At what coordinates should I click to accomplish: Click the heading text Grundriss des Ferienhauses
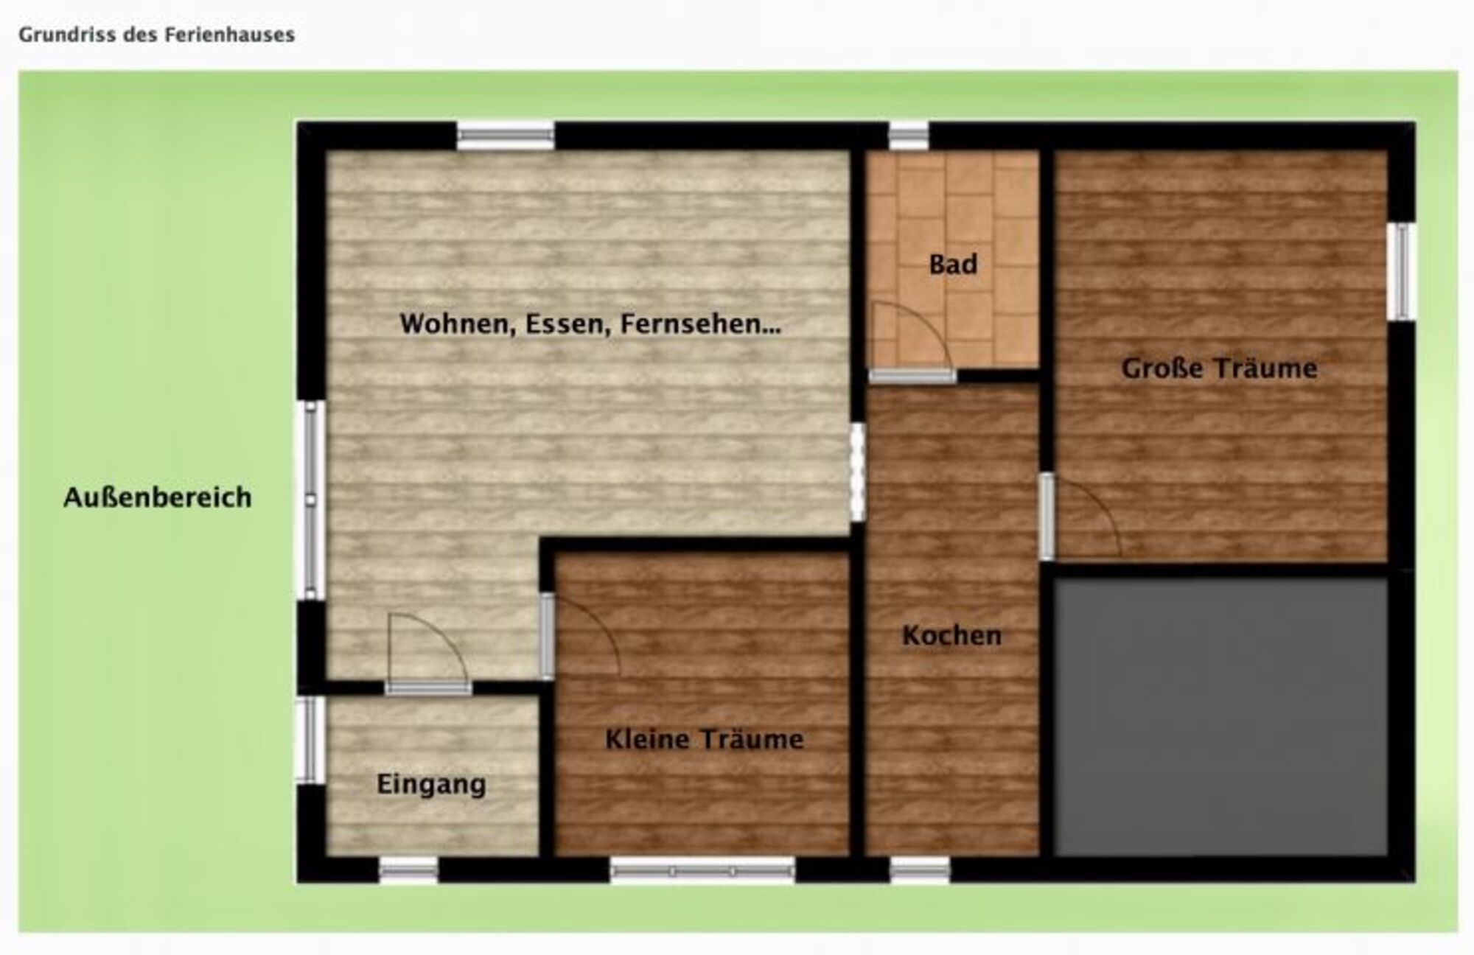[156, 35]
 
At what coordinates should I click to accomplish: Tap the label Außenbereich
[158, 497]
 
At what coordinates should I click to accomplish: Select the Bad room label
[953, 264]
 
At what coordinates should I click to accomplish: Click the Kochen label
[951, 635]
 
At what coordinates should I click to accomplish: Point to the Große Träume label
[1219, 368]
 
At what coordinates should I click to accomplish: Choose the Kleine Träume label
[704, 739]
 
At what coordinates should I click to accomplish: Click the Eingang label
[431, 784]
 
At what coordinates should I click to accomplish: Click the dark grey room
[1220, 716]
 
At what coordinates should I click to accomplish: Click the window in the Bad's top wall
[908, 136]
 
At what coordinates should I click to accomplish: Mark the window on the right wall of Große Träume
[1401, 271]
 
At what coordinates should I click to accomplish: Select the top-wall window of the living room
[506, 136]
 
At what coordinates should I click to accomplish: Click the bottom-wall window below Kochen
[920, 870]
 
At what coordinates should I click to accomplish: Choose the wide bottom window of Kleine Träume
[702, 870]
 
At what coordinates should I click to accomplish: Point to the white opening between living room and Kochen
[857, 472]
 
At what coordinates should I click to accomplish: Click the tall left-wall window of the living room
[310, 500]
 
